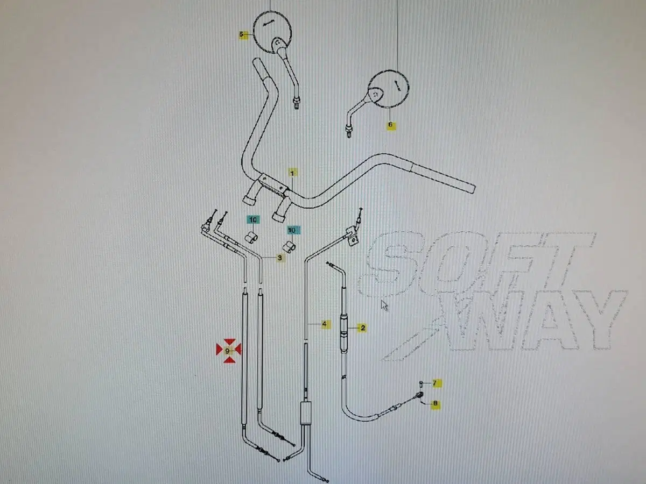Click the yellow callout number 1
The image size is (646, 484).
pyautogui.click(x=292, y=173)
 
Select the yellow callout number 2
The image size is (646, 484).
pyautogui.click(x=363, y=328)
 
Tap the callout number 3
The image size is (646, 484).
pyautogui.click(x=280, y=258)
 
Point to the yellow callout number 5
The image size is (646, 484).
pyautogui.click(x=242, y=34)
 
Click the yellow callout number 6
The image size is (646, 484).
pyautogui.click(x=390, y=125)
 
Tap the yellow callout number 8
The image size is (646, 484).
pyautogui.click(x=436, y=403)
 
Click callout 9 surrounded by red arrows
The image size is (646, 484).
pyautogui.click(x=227, y=351)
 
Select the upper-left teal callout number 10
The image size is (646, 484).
pyautogui.click(x=253, y=219)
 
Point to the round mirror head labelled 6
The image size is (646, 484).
pyautogui.click(x=389, y=88)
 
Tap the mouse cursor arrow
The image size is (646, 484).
pyautogui.click(x=384, y=305)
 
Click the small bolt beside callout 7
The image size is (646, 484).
pyautogui.click(x=421, y=383)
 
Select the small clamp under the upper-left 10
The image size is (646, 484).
pyautogui.click(x=251, y=238)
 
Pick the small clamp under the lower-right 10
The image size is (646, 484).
pyautogui.click(x=289, y=247)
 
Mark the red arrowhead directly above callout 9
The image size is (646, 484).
pyautogui.click(x=229, y=343)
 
